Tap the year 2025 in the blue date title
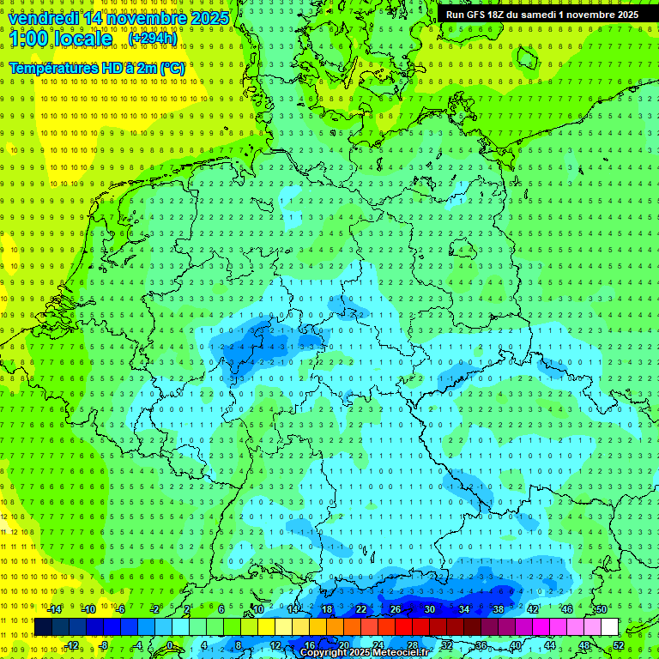pos(207,18)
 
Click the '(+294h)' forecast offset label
pos(153,39)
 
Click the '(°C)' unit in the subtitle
pos(172,67)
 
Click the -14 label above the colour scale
pos(54,609)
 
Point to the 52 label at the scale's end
pos(619,645)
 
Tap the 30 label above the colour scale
pos(430,609)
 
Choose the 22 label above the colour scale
pos(361,609)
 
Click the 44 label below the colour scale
pos(550,645)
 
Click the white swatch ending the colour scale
pos(610,627)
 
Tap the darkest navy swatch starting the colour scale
pos(43,627)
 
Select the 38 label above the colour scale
pos(499,609)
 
